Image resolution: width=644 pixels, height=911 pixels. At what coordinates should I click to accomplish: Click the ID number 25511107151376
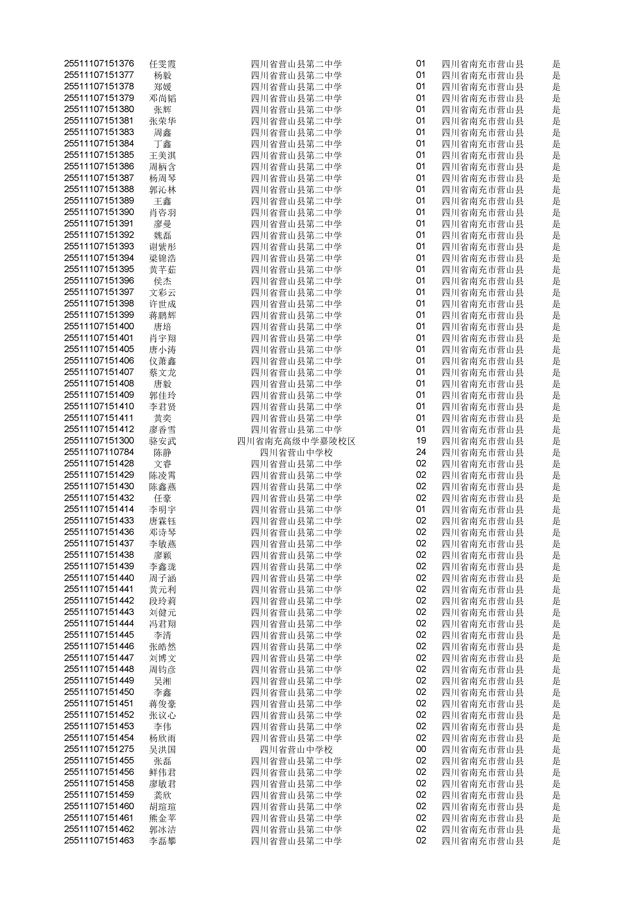click(x=99, y=63)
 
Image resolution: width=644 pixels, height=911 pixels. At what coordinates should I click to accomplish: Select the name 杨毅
click(x=162, y=75)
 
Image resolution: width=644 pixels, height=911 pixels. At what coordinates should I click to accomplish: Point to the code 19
click(x=421, y=440)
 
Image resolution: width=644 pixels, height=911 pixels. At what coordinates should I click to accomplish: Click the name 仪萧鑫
click(x=162, y=361)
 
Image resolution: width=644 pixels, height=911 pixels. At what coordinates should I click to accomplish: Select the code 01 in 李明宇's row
click(x=421, y=509)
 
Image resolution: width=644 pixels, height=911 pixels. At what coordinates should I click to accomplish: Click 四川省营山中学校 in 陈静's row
click(x=296, y=452)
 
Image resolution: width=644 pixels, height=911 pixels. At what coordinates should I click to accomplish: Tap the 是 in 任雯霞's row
click(x=556, y=64)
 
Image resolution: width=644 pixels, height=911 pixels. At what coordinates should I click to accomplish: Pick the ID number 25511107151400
click(x=99, y=326)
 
